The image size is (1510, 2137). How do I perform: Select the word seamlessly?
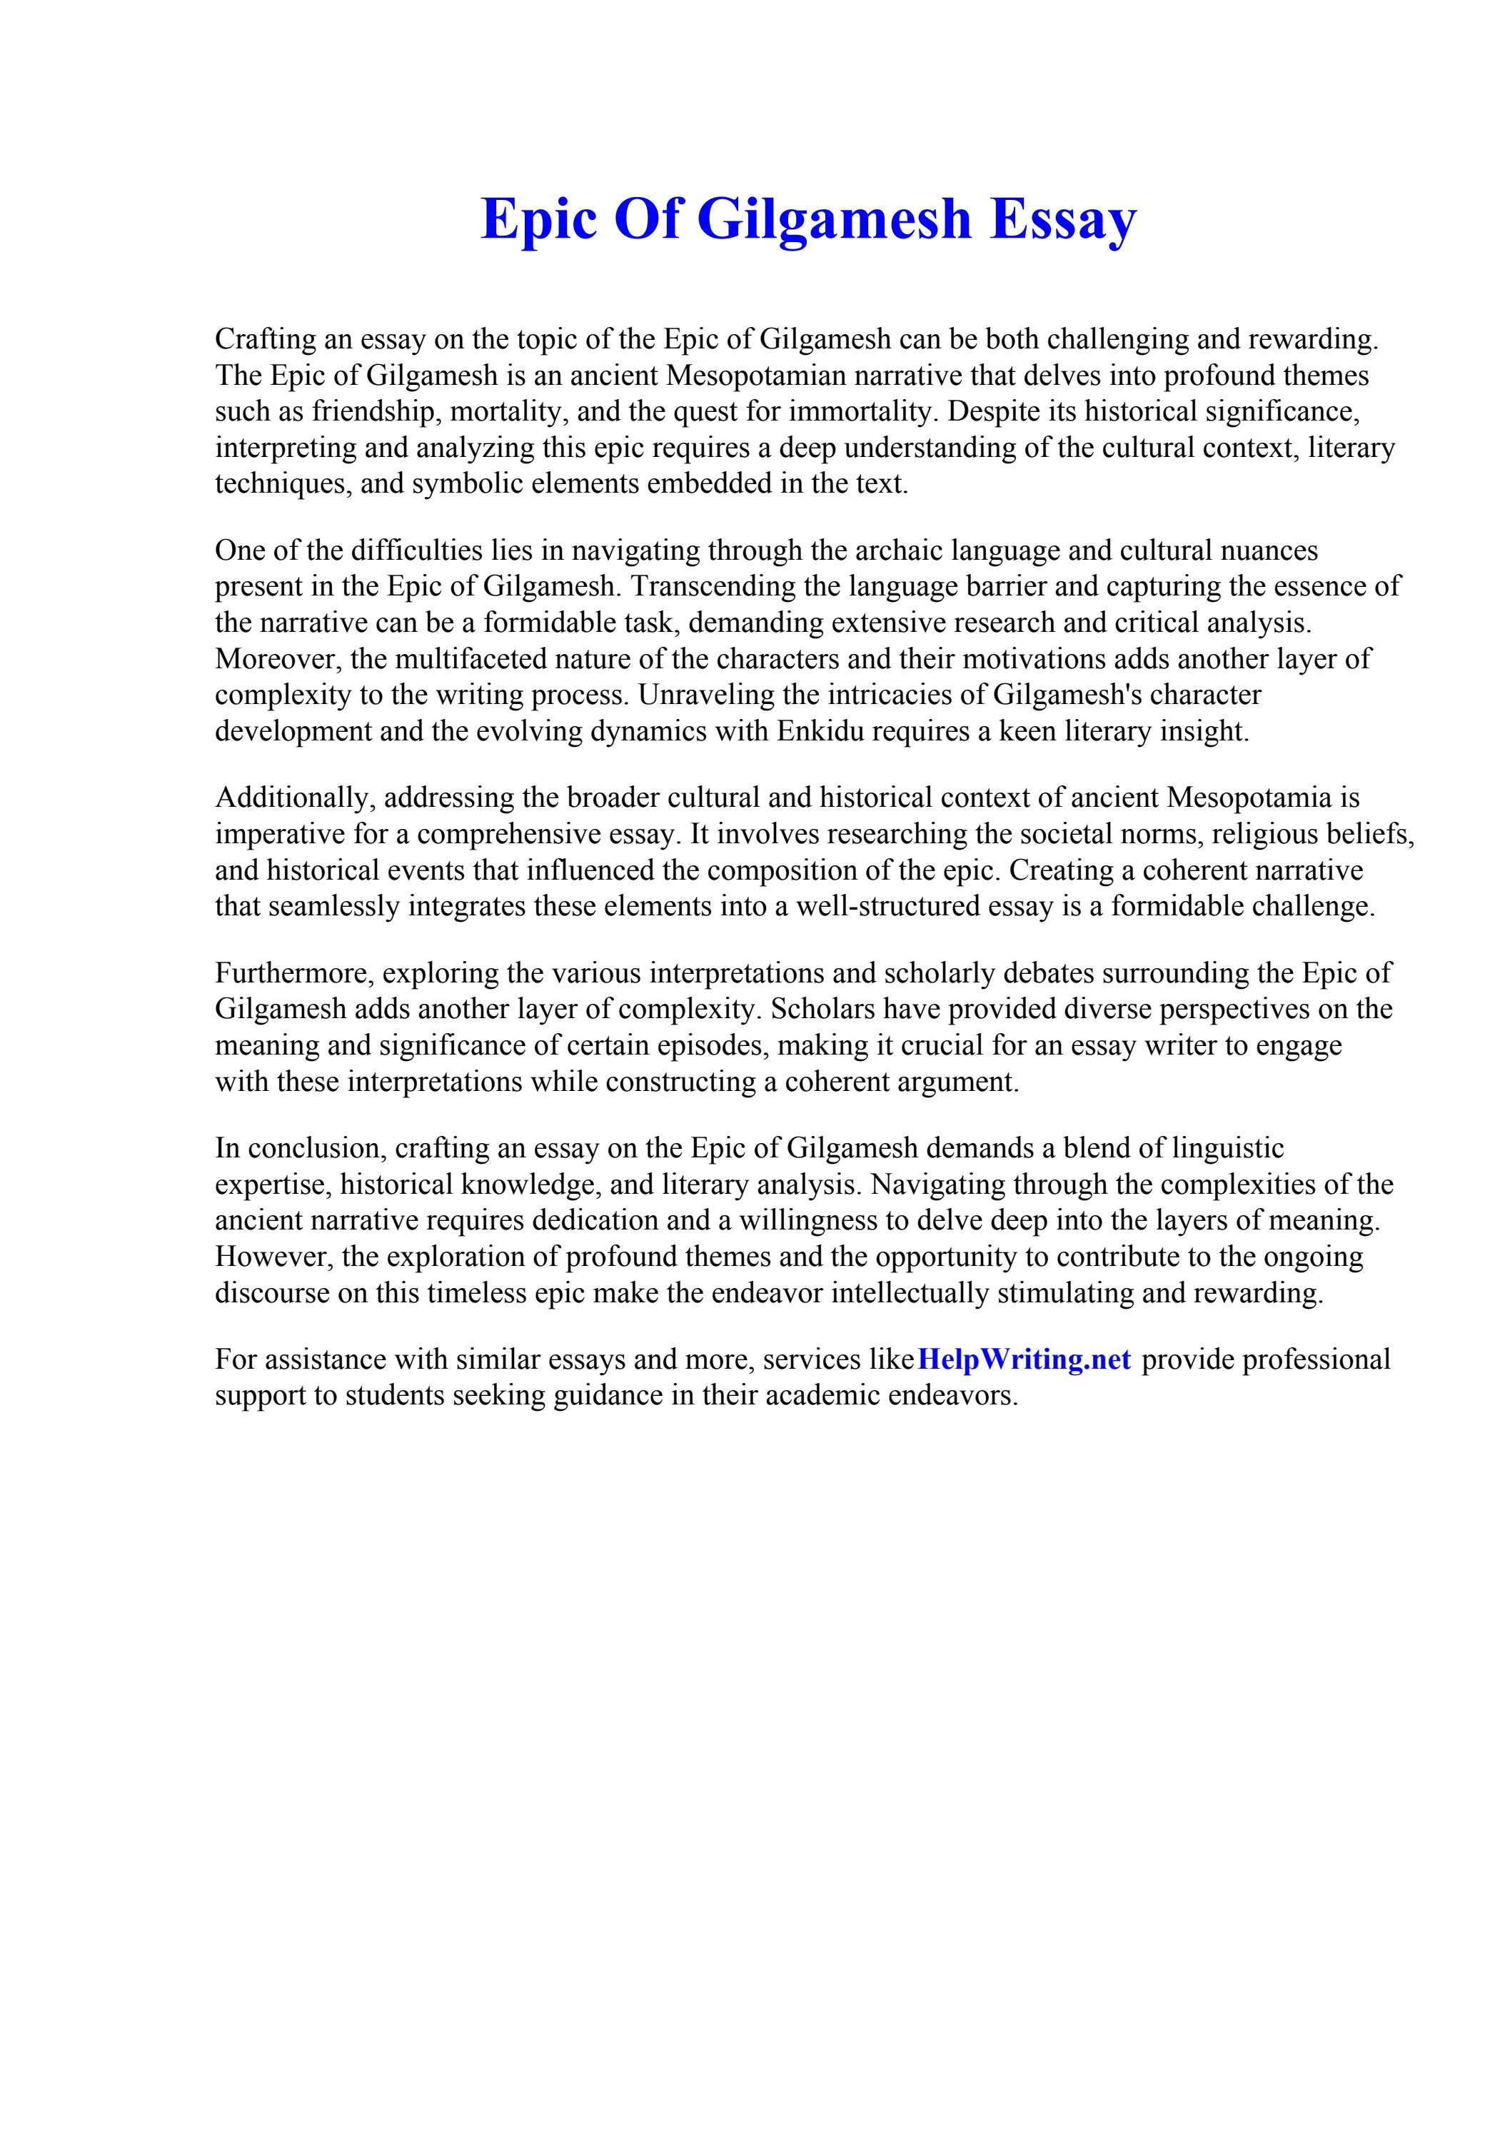coord(334,907)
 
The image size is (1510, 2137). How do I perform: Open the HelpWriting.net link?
coord(1024,1360)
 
